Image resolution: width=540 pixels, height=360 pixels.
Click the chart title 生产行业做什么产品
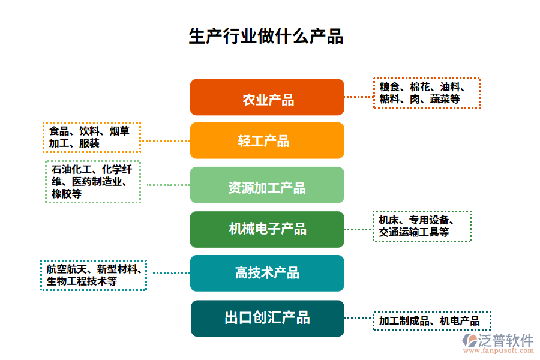point(266,37)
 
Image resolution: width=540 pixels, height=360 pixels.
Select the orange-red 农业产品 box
point(267,97)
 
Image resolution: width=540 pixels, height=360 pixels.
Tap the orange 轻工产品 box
point(267,140)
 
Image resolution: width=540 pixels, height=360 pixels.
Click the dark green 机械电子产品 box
point(267,229)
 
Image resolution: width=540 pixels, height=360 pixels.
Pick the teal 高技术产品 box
point(267,273)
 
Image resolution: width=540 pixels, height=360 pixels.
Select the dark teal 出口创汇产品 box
point(267,318)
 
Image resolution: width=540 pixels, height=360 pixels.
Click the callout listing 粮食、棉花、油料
point(427,93)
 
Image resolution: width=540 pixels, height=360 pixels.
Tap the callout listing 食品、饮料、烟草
point(92,137)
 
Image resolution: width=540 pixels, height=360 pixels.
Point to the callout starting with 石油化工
point(93,182)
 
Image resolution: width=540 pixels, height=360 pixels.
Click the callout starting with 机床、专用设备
point(422,226)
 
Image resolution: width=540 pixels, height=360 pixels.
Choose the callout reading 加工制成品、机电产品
point(431,322)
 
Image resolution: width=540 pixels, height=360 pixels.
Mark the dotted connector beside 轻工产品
point(165,140)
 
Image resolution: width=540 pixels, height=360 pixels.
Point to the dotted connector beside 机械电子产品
point(358,229)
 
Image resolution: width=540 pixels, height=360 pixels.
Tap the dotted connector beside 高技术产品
point(169,273)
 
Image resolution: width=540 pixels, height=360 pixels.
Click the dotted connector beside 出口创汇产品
point(358,319)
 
